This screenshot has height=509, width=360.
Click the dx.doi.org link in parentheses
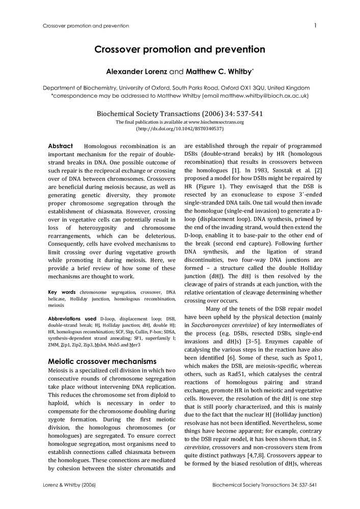(x=180, y=129)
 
